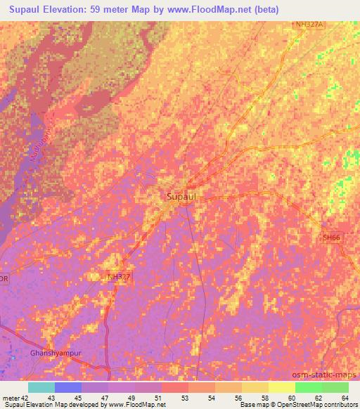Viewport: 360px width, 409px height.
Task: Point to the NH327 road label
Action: pos(119,278)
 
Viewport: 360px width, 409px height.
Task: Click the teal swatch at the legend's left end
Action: pos(41,387)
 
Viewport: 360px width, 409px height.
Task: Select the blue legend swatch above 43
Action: pos(67,387)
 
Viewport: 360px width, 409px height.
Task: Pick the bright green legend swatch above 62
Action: pos(308,387)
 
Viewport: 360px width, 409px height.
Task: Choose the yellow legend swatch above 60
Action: pos(281,387)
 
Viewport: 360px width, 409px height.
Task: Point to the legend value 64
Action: pos(335,398)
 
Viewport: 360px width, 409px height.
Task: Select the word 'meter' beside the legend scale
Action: pos(11,398)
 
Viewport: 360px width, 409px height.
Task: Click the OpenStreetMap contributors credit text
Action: pos(314,405)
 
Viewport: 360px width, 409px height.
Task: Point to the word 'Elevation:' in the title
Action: pos(82,10)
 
